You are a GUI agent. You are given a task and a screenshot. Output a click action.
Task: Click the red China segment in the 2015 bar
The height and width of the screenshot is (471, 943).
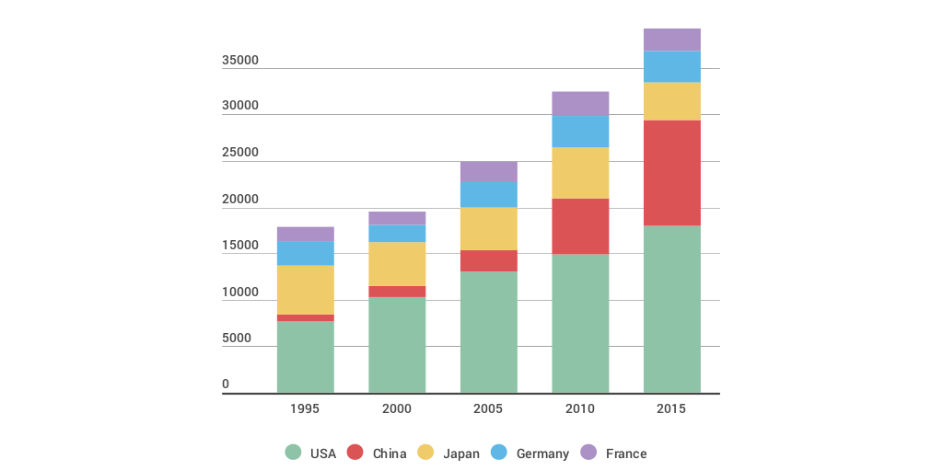(x=671, y=173)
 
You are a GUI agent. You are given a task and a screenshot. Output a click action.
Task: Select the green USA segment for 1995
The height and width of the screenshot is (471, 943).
(x=305, y=357)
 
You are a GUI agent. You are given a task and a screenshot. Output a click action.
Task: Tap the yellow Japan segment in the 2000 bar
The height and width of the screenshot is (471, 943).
(x=397, y=264)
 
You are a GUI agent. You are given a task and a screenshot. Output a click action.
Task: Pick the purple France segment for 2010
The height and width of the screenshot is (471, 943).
(x=580, y=103)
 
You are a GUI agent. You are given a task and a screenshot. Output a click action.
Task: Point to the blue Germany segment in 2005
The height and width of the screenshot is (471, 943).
(x=488, y=194)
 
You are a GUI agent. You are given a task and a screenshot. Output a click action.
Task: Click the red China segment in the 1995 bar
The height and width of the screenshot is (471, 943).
(x=305, y=317)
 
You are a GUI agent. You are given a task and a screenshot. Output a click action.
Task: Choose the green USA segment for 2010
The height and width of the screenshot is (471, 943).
(x=580, y=324)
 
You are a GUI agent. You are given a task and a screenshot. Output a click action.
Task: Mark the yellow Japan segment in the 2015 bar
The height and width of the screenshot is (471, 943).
(x=671, y=101)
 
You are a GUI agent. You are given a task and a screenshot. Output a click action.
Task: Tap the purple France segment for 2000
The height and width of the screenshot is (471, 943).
(x=397, y=218)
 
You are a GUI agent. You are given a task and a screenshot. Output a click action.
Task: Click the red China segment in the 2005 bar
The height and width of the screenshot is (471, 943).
(x=488, y=260)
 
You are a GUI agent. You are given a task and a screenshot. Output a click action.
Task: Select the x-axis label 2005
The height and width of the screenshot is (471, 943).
(x=488, y=409)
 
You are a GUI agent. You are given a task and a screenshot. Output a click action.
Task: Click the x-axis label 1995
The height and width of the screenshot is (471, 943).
(x=305, y=409)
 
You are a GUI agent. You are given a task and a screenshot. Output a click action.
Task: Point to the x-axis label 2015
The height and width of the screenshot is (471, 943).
(x=671, y=409)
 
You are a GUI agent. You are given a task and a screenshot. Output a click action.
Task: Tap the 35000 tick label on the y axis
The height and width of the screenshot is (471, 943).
(x=240, y=61)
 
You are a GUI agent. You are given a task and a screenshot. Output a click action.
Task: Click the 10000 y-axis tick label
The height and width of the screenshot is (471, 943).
(x=240, y=293)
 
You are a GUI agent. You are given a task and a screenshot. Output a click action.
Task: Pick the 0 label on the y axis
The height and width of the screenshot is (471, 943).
(x=226, y=385)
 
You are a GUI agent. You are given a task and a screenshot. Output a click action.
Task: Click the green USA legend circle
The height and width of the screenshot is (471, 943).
(x=293, y=453)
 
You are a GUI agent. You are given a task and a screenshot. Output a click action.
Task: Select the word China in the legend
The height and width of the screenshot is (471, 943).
(x=390, y=454)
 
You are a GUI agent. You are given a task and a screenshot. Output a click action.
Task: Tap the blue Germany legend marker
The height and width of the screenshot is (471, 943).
(x=499, y=453)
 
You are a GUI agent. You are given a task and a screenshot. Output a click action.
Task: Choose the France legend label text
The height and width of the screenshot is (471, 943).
(x=626, y=454)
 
